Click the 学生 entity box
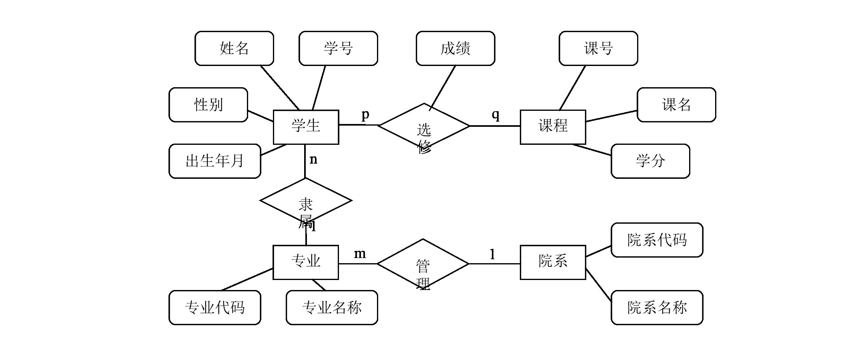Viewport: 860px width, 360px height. click(306, 127)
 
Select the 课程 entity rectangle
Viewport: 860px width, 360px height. click(553, 127)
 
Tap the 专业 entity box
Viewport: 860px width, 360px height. click(305, 262)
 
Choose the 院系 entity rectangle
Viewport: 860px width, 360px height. click(553, 262)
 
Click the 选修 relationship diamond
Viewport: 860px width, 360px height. click(424, 126)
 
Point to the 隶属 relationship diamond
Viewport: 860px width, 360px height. click(306, 201)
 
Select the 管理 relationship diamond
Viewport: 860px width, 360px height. click(423, 264)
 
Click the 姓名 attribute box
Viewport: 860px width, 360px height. click(234, 48)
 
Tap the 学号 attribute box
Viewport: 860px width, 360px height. click(338, 48)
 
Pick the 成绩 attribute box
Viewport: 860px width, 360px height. click(455, 48)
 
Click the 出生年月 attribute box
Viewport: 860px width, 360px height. click(214, 161)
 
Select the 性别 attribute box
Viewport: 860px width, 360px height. click(208, 105)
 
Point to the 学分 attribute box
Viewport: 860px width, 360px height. click(650, 161)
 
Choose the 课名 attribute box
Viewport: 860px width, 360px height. click(676, 105)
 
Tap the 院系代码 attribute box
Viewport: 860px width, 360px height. click(657, 240)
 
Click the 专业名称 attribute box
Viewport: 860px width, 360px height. click(332, 308)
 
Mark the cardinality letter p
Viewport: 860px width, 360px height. click(365, 115)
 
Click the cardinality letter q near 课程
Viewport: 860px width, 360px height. click(495, 115)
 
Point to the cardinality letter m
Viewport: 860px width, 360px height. click(360, 254)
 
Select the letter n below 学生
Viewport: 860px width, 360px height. click(313, 160)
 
